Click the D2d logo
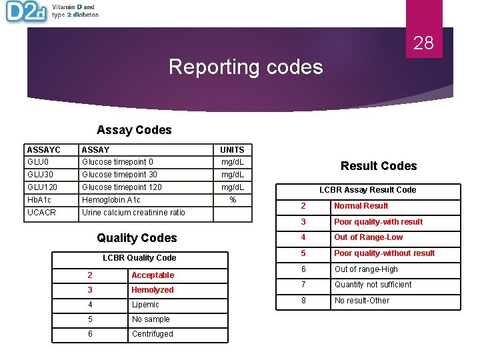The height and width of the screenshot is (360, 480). click(x=25, y=12)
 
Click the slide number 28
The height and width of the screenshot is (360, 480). click(x=423, y=44)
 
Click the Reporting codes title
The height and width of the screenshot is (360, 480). click(x=245, y=67)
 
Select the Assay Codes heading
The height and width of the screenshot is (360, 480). click(x=134, y=130)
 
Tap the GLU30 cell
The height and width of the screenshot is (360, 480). click(x=41, y=175)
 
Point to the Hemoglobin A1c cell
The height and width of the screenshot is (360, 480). click(x=111, y=200)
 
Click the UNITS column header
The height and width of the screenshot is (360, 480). click(x=232, y=150)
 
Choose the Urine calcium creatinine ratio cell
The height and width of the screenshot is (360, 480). click(x=133, y=213)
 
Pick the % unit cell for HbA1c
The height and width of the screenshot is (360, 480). click(x=233, y=200)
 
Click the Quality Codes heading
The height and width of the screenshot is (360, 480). click(x=137, y=238)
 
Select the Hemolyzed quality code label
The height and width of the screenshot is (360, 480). click(x=153, y=290)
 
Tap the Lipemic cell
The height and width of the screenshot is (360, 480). click(x=145, y=305)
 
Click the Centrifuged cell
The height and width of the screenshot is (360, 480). click(x=152, y=334)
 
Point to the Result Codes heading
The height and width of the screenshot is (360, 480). click(x=379, y=166)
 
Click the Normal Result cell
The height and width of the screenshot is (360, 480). click(x=361, y=206)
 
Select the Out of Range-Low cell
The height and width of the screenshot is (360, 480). click(x=368, y=237)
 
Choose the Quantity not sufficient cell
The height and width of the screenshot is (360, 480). click(x=373, y=285)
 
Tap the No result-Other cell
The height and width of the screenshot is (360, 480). click(x=362, y=301)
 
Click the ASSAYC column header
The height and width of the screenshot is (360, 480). click(x=43, y=150)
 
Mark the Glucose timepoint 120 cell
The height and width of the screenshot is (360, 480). click(x=122, y=187)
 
